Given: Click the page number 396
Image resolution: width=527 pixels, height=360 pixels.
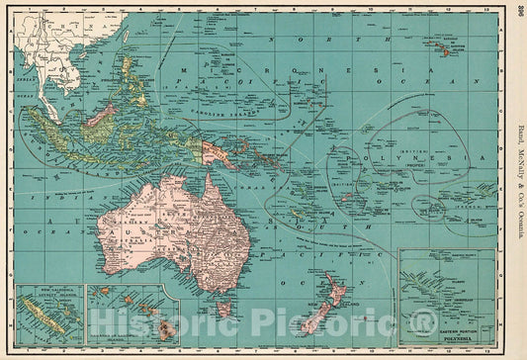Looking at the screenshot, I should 519,12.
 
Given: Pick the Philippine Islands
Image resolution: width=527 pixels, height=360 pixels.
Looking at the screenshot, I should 129,69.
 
